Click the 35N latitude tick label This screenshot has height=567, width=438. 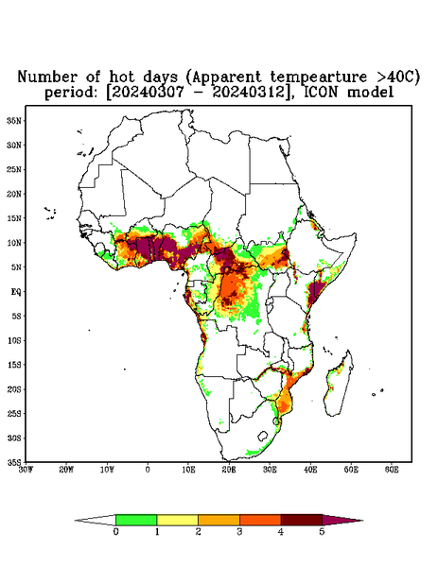point(14,121)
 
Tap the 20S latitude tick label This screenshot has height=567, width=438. point(14,389)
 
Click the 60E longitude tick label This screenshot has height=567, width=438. point(392,470)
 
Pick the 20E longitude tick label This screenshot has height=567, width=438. point(229,470)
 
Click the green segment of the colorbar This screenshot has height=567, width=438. point(136,520)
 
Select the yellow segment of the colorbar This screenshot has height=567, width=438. point(177,520)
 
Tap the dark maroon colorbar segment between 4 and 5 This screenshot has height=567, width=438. point(302,520)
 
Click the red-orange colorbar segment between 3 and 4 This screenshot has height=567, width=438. point(260,520)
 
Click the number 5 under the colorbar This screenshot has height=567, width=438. point(323,532)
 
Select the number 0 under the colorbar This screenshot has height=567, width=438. point(115,532)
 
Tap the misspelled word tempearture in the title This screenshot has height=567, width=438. point(313,77)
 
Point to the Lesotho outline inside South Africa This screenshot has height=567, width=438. point(263,436)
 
